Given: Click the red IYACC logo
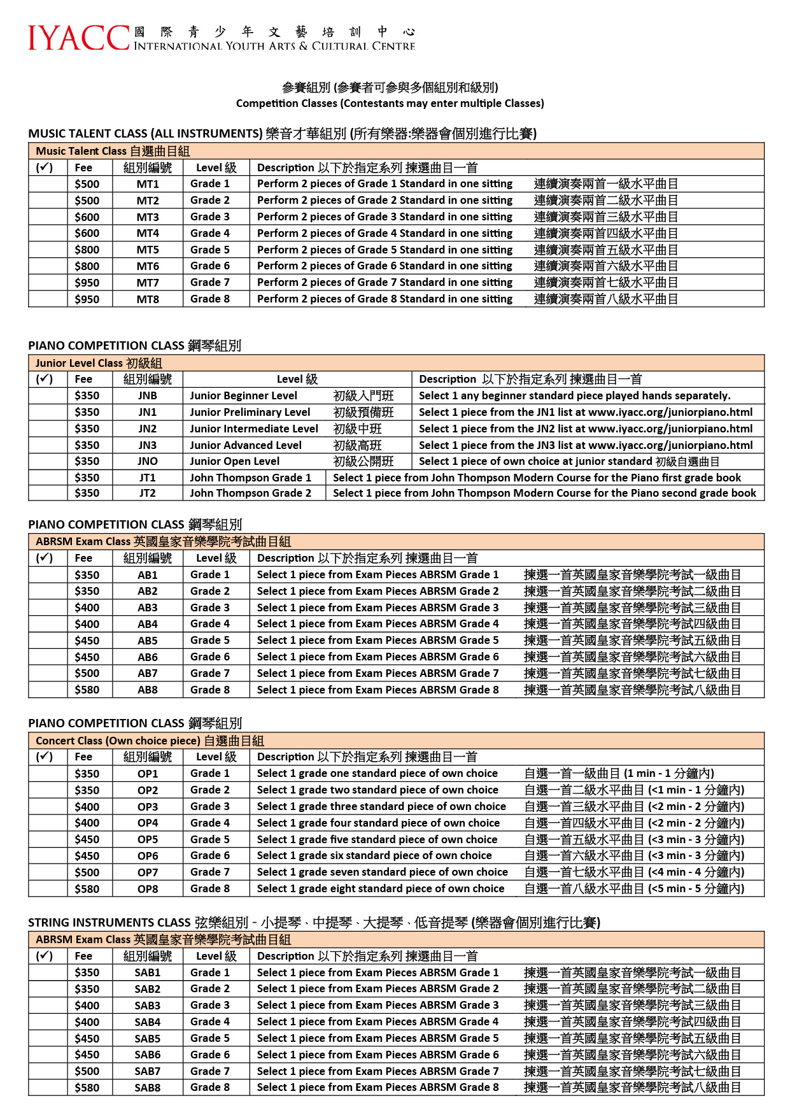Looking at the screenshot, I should pos(78,38).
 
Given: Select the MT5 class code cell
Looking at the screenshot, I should pos(148,250).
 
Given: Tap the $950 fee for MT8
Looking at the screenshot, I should pos(87,299).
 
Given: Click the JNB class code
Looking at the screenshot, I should pos(148,395).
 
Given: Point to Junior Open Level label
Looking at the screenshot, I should pos(234,461).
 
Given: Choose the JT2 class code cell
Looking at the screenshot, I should pos(148,493).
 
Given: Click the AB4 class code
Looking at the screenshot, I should pos(148,624).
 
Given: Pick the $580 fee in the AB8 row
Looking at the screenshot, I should pos(87,690).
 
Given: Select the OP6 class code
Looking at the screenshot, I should pos(148,856).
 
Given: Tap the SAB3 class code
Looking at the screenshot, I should pos(148,1006).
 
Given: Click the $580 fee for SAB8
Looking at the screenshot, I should pos(87,1088).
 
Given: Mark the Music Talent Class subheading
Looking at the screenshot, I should pos(113,151).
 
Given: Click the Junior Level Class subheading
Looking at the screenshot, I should pos(99,363).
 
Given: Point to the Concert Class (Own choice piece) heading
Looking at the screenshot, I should pos(150,741).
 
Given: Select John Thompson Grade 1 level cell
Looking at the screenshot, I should pos(250,478).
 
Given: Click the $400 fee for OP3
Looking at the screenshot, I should pos(87,807).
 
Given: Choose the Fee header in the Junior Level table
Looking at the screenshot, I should pos(83,380).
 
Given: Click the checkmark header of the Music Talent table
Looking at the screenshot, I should pos(45,167).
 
